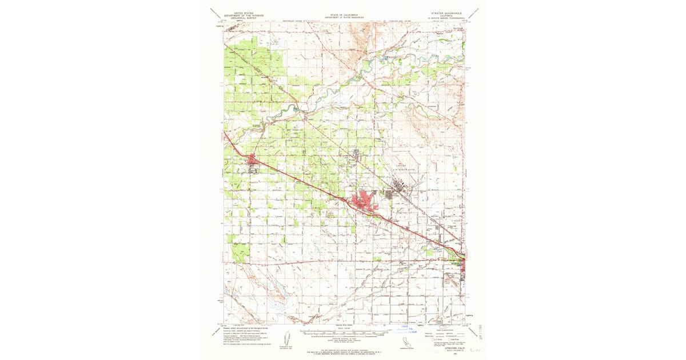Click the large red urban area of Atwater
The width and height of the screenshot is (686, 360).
click(363, 201)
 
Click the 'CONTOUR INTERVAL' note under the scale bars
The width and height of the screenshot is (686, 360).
click(343, 341)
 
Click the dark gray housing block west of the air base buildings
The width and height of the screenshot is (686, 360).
click(389, 195)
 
